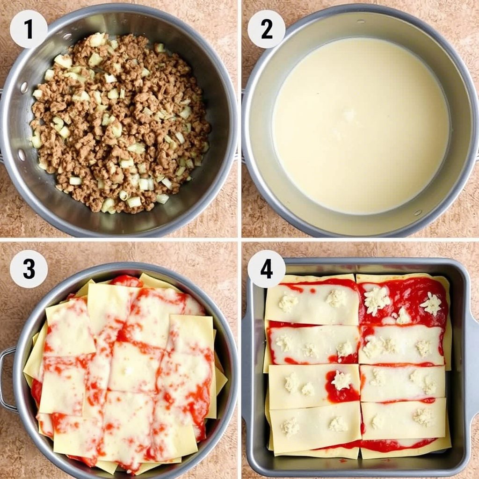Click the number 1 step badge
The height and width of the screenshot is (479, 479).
tap(29, 29)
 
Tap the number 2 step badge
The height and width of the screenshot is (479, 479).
tap(266, 29)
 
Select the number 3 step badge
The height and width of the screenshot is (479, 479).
tap(29, 269)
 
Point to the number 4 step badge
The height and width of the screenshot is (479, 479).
tap(266, 269)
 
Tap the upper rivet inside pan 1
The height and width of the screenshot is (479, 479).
tap(23, 87)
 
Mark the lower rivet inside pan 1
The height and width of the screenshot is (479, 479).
tap(22, 154)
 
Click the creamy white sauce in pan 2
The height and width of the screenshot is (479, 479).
tap(361, 125)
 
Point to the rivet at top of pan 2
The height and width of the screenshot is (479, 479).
tap(361, 22)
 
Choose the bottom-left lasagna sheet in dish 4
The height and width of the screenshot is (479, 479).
tap(315, 428)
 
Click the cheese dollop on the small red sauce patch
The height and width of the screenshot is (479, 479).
tap(341, 380)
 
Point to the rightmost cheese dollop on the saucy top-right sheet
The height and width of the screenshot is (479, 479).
tap(431, 305)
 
